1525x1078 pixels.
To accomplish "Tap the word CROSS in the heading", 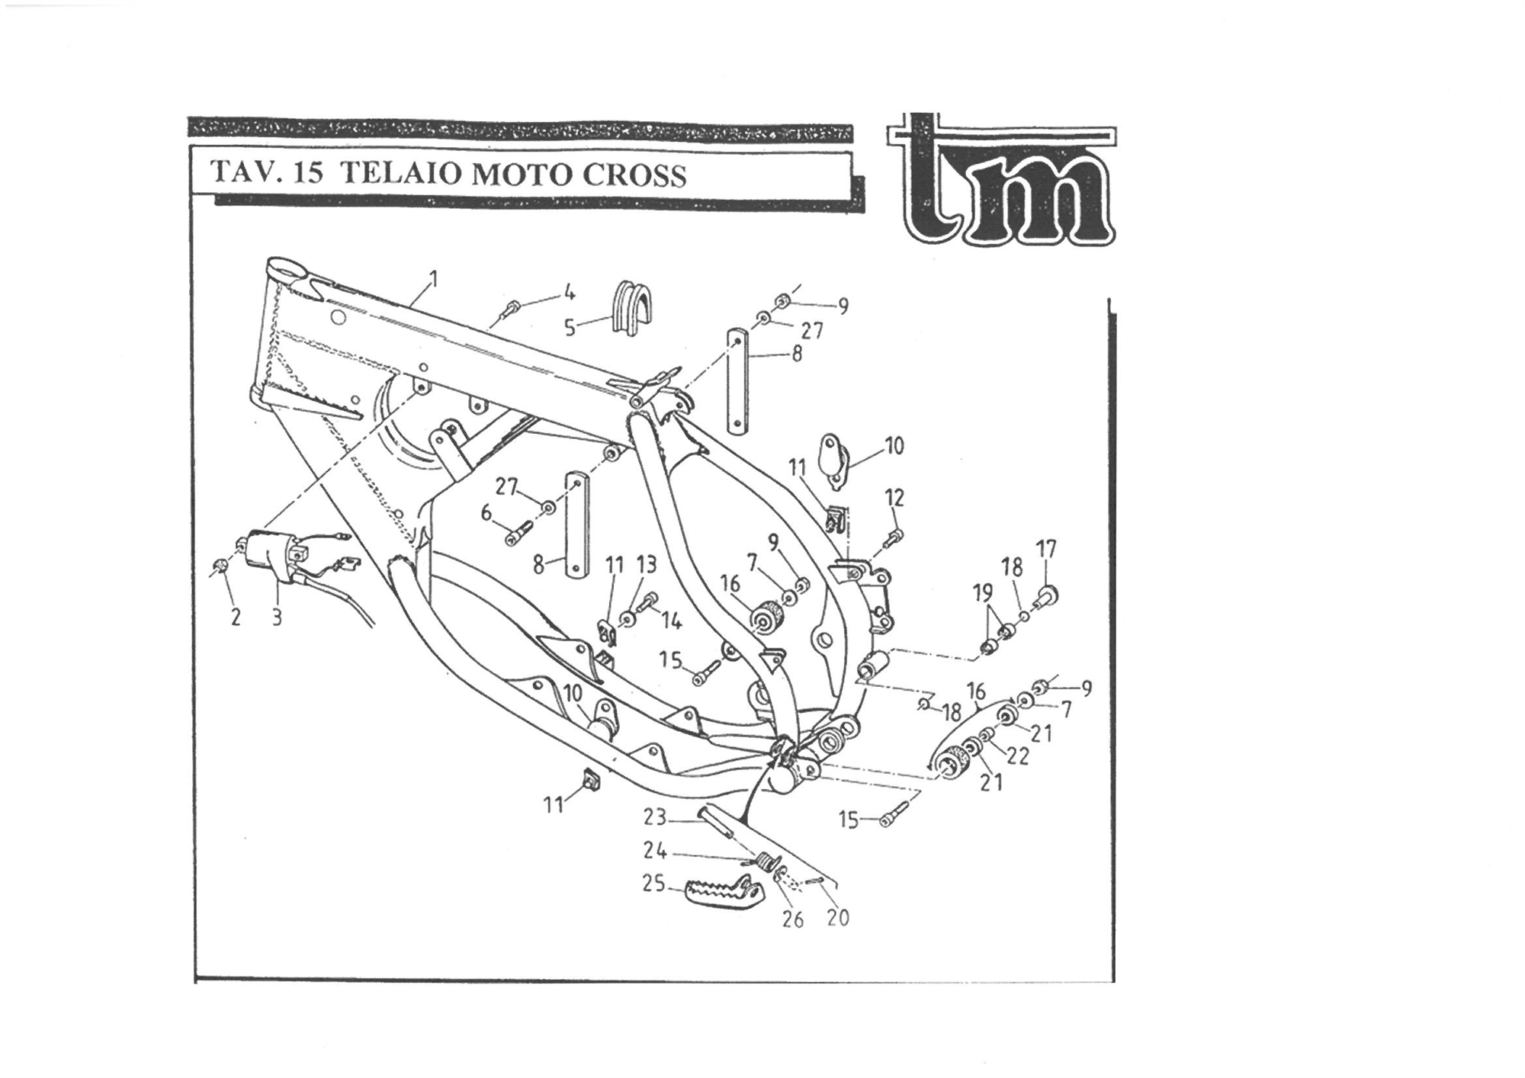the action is coord(634,175).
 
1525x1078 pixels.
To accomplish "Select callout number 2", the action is coord(235,617).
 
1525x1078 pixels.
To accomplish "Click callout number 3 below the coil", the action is coord(276,617).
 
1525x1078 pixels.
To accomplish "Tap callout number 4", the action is coord(569,293).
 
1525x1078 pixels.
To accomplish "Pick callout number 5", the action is coord(570,328).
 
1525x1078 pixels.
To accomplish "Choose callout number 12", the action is coord(894,498).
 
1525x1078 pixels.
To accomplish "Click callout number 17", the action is coord(1046,549).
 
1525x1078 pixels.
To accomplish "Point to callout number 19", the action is coord(983,592).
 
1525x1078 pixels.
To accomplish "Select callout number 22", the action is coord(1018,756).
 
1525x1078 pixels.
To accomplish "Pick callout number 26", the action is coord(793,920).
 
